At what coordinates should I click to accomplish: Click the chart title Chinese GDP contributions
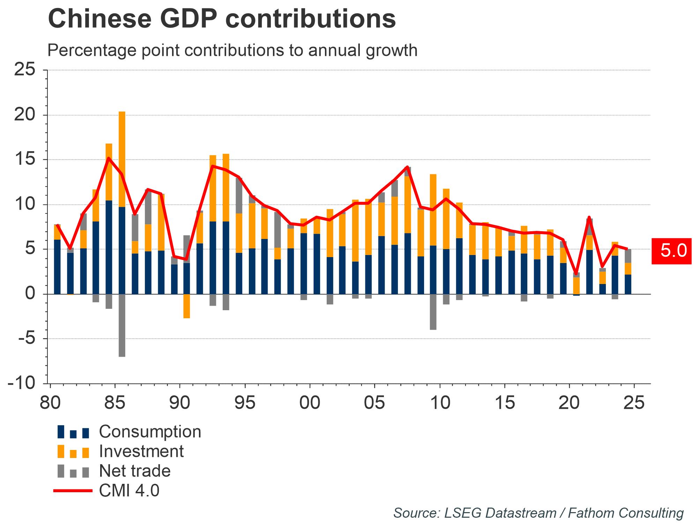coord(222,19)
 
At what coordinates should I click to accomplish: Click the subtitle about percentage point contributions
coord(232,50)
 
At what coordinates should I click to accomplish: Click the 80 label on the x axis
coord(50,403)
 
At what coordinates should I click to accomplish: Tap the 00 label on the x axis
coord(310,403)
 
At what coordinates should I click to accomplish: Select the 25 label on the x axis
coord(634,403)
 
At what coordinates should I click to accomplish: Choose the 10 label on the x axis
coord(440,403)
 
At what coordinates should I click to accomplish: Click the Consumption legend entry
coord(150,432)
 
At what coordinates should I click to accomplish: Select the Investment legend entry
coord(141,451)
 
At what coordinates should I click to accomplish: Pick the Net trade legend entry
coord(135,471)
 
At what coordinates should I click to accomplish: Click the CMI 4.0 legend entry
coord(129,491)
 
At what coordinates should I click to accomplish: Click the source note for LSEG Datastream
coord(538,513)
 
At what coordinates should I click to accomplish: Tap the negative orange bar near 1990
coord(187,306)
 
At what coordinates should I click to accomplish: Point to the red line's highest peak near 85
coord(109,158)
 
